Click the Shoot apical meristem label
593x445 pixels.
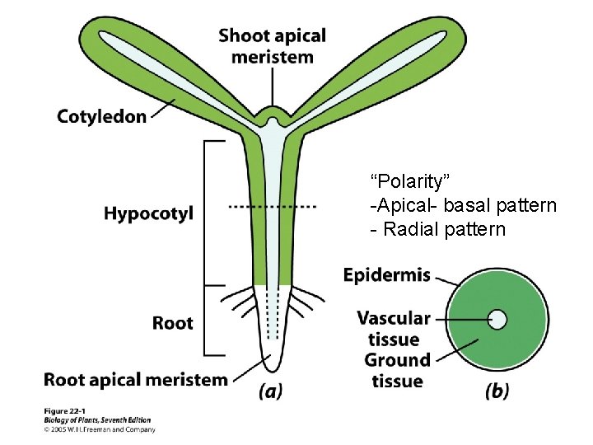(x=272, y=46)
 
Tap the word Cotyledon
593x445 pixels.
(x=101, y=116)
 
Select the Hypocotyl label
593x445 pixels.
(x=148, y=213)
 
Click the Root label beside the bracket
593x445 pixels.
(x=172, y=323)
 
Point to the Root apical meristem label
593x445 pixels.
(x=135, y=380)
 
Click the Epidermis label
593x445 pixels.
(x=386, y=275)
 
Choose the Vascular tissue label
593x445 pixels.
(x=394, y=328)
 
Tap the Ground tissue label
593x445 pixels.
(x=397, y=370)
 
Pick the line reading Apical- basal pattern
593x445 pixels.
(x=463, y=205)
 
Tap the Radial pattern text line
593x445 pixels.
(x=437, y=229)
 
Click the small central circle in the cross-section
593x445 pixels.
(x=497, y=319)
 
